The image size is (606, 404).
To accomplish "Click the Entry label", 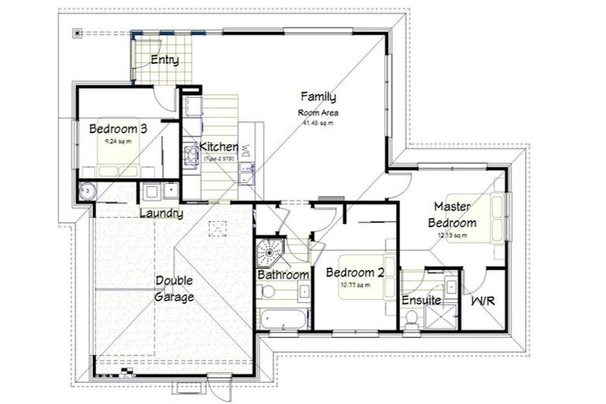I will [164, 60].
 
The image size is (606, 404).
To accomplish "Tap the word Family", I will [318, 97].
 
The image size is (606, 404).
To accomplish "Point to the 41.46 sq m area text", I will [318, 122].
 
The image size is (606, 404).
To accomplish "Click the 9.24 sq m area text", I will [118, 141].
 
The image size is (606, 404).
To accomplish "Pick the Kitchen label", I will [219, 147].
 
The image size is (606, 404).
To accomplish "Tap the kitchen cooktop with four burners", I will [190, 153].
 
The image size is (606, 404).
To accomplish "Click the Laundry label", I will [161, 213].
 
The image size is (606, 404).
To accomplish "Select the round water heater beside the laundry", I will [86, 190].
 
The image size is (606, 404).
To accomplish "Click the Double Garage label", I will [174, 289].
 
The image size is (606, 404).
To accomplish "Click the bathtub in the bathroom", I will [282, 320].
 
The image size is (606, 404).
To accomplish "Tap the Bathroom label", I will [282, 275].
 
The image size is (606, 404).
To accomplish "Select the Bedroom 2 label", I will [355, 273].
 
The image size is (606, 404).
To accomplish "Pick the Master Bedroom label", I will [452, 215].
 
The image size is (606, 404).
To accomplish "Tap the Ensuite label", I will [421, 301].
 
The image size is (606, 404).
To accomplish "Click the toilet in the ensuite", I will [410, 317].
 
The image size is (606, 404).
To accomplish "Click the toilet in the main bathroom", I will [268, 292].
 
